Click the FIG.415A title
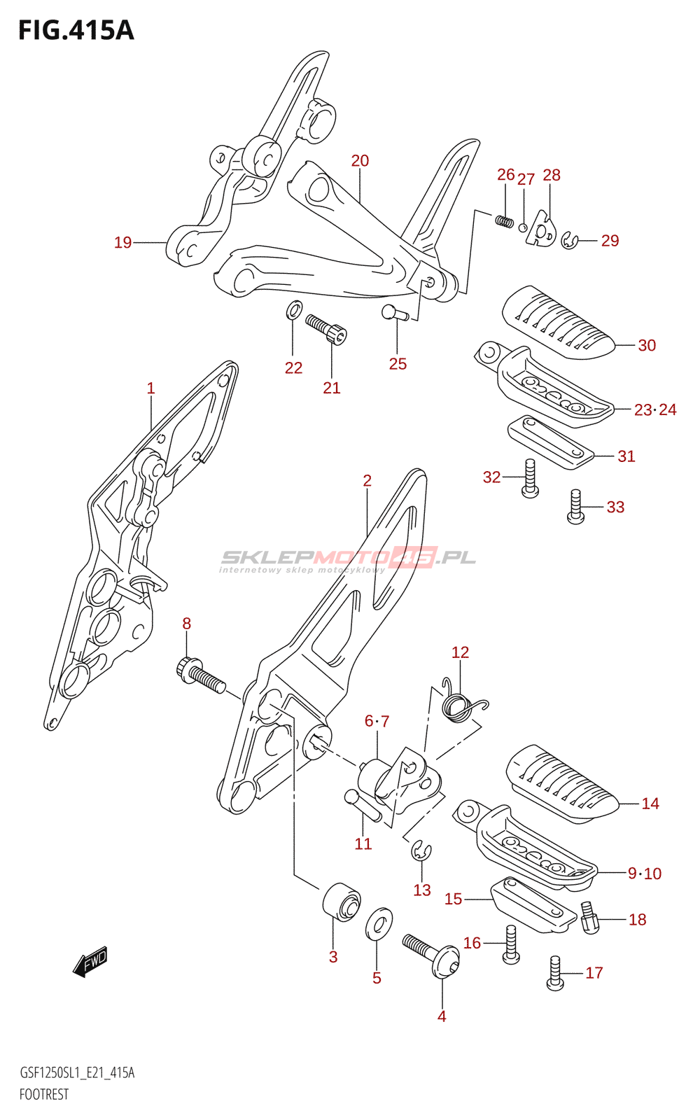(x=76, y=31)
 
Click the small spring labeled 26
(x=504, y=220)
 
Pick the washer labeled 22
(x=294, y=310)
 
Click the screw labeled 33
(x=575, y=506)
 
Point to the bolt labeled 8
(x=200, y=675)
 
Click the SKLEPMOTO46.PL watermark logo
(x=347, y=560)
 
